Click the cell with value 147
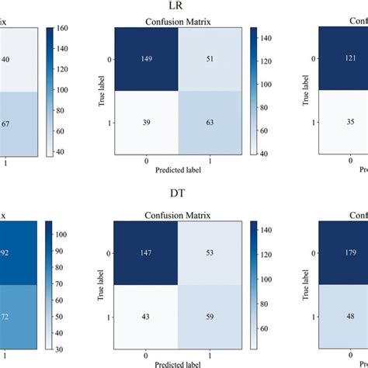point(146,252)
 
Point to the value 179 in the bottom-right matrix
point(345,252)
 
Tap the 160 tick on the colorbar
point(61,28)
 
